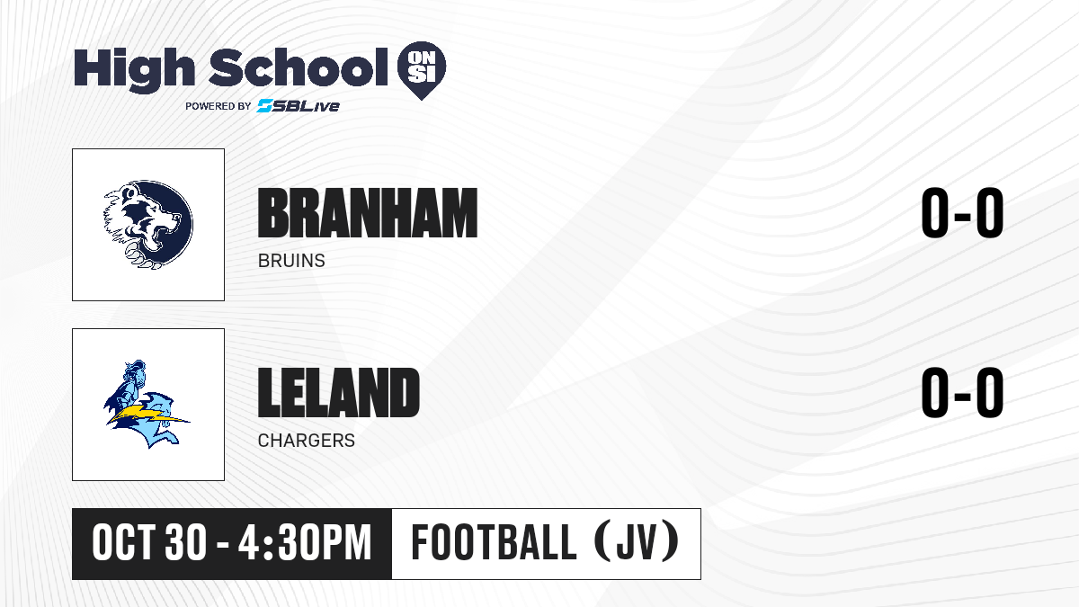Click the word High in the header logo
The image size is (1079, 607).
pos(135,70)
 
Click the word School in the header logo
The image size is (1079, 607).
pos(299,67)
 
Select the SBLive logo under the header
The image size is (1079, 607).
pos(299,105)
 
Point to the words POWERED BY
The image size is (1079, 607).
pos(218,106)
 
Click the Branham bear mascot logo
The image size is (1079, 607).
pos(148,225)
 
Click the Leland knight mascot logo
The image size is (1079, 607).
pos(147,404)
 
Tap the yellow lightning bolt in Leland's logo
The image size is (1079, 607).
pos(148,416)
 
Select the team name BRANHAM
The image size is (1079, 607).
pos(368,213)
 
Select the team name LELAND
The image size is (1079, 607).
pos(339,392)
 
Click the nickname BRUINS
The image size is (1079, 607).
pos(291,261)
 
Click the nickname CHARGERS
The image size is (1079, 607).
pos(307,441)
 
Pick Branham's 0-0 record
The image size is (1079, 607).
pos(962,212)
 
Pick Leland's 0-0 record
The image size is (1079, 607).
pos(962,392)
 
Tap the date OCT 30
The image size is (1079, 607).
pos(149,543)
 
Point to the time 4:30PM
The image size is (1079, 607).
pos(305,543)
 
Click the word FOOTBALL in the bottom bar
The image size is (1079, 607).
pos(494,542)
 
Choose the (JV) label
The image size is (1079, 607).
pos(638,542)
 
